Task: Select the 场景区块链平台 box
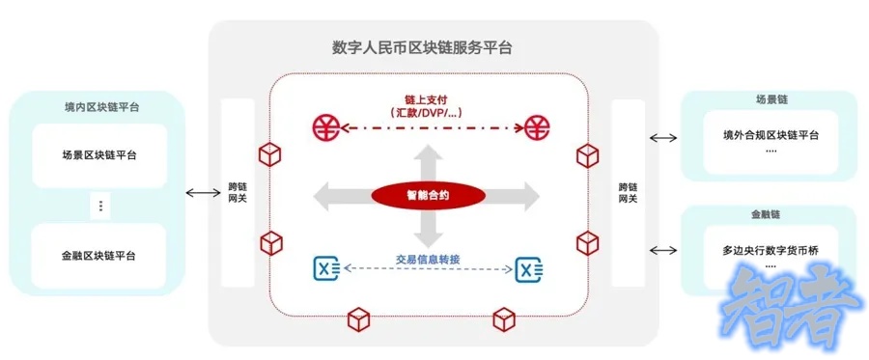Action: (98, 154)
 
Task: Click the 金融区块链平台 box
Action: (98, 256)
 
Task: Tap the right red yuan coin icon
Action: (537, 125)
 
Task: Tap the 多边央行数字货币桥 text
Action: (771, 249)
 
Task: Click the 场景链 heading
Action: (770, 98)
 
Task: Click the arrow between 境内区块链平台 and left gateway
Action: (203, 193)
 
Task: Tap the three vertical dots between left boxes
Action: (100, 206)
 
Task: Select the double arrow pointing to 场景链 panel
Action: (664, 137)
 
